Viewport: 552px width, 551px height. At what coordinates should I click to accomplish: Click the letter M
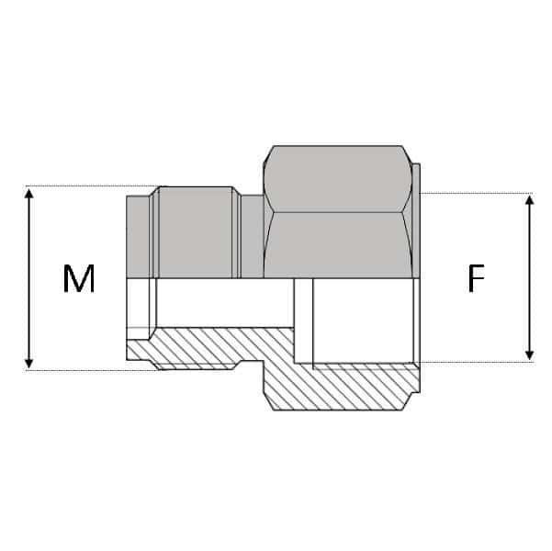(x=79, y=278)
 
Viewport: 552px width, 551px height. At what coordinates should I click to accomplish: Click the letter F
(x=475, y=278)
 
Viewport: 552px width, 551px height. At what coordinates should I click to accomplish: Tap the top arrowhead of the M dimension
(x=29, y=194)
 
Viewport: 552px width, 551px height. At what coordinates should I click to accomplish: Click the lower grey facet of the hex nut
(x=337, y=243)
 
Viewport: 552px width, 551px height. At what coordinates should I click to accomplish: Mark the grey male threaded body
(x=196, y=231)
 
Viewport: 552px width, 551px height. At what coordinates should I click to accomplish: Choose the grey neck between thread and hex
(x=253, y=236)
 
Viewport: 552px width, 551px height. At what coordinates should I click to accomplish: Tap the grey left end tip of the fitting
(x=138, y=236)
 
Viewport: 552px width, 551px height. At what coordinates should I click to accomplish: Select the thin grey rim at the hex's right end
(x=417, y=220)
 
